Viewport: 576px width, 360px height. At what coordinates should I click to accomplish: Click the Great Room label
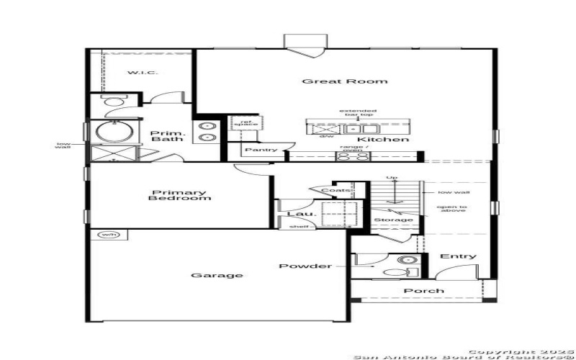click(x=344, y=81)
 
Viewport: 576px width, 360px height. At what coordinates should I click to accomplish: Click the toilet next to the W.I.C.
click(x=114, y=104)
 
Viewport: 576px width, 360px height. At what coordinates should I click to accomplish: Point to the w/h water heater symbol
click(x=108, y=235)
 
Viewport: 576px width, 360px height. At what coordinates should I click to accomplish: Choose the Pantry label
click(x=261, y=150)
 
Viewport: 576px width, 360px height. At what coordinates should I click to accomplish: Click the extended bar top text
click(x=358, y=114)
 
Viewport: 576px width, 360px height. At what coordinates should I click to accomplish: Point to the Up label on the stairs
click(x=392, y=178)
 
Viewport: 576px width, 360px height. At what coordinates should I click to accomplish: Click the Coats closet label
click(x=336, y=190)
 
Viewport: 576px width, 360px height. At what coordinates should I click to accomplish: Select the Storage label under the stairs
click(x=393, y=220)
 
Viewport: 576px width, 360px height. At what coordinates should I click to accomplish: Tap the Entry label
click(x=458, y=256)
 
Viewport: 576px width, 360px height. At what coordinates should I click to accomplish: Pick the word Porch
click(x=423, y=291)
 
